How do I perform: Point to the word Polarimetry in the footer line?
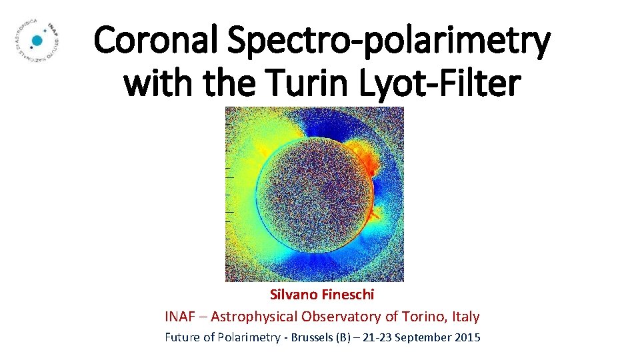point(247,337)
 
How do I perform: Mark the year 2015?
point(466,337)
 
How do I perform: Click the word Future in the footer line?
point(182,337)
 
